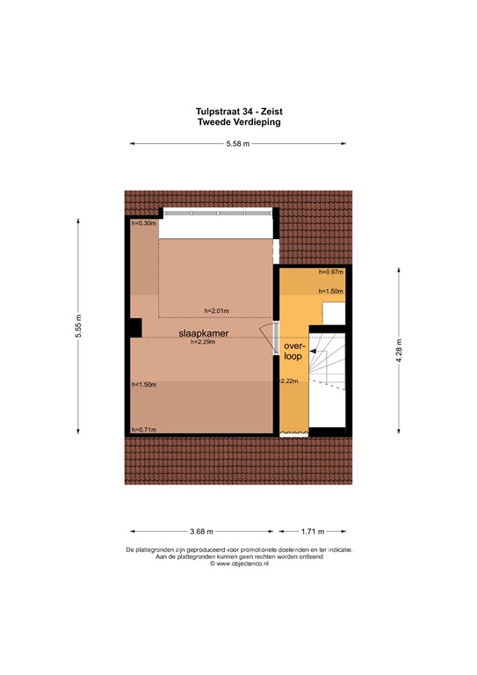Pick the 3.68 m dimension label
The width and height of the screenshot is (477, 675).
point(201,532)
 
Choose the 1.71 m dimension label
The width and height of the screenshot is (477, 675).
point(312,532)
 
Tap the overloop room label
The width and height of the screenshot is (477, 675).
point(294,352)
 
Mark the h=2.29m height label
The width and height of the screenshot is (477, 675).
point(203,343)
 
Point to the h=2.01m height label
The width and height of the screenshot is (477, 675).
point(216,310)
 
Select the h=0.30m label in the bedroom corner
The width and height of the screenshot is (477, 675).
point(143,223)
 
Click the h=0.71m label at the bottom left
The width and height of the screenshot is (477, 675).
point(143,429)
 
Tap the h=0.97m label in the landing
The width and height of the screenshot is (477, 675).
point(330,272)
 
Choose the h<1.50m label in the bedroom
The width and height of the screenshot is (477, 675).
point(143,384)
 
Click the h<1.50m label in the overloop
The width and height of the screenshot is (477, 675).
point(330,292)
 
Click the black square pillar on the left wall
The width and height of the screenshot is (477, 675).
point(134,328)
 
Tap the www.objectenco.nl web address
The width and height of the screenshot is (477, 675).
point(240,563)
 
